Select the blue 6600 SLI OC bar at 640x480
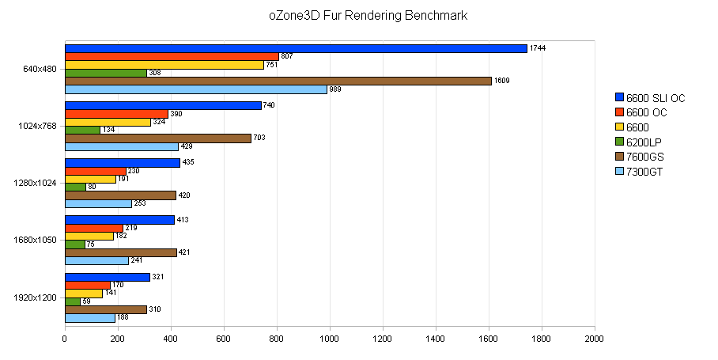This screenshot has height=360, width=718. coord(296,48)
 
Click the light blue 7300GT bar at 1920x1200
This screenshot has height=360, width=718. coord(89,318)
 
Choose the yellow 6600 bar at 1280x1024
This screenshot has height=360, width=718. coord(90,179)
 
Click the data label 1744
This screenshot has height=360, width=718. coord(539,48)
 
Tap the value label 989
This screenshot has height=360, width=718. coord(335,89)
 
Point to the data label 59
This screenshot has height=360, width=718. coord(88,301)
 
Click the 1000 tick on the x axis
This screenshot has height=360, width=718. coord(330,339)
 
